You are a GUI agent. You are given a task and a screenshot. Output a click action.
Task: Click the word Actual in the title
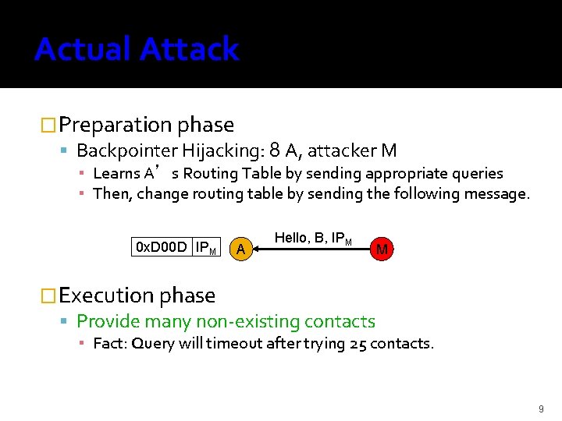[82, 49]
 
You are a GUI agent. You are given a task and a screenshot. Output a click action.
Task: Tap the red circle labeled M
[382, 249]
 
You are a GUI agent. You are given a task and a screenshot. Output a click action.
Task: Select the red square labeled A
[241, 249]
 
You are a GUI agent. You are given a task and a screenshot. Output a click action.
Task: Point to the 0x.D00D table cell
[162, 247]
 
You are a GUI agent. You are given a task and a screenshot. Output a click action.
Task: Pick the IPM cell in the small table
[206, 247]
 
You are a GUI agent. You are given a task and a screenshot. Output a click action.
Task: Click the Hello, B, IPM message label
[312, 238]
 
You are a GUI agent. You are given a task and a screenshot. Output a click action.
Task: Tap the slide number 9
[541, 408]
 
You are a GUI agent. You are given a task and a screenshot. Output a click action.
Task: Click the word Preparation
[116, 125]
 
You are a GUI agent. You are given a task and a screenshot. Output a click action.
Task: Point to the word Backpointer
[126, 150]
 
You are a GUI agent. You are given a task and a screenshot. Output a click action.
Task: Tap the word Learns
[116, 173]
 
